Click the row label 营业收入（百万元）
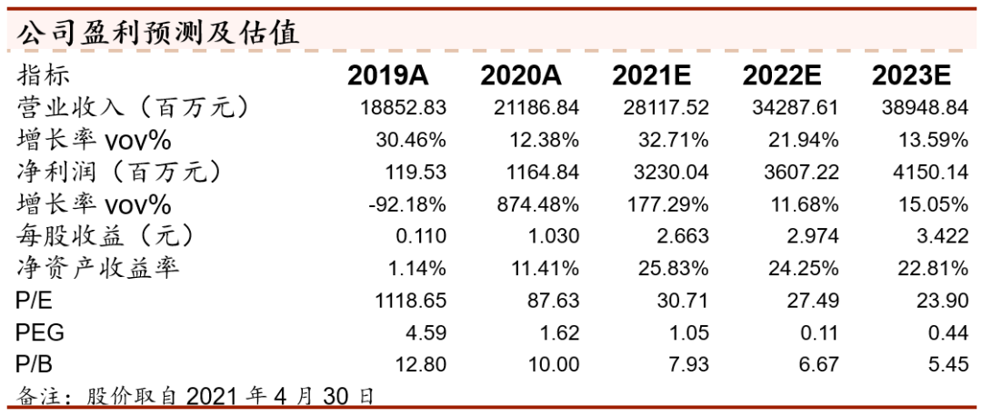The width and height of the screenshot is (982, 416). pyautogui.click(x=133, y=108)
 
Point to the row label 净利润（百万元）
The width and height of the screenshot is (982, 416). pyautogui.click(x=119, y=172)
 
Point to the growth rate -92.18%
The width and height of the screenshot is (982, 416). pyautogui.click(x=407, y=204)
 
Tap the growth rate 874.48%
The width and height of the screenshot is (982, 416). pyautogui.click(x=538, y=204)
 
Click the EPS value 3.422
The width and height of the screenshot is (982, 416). pyautogui.click(x=943, y=236)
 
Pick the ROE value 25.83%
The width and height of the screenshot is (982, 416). pyautogui.click(x=673, y=268)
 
